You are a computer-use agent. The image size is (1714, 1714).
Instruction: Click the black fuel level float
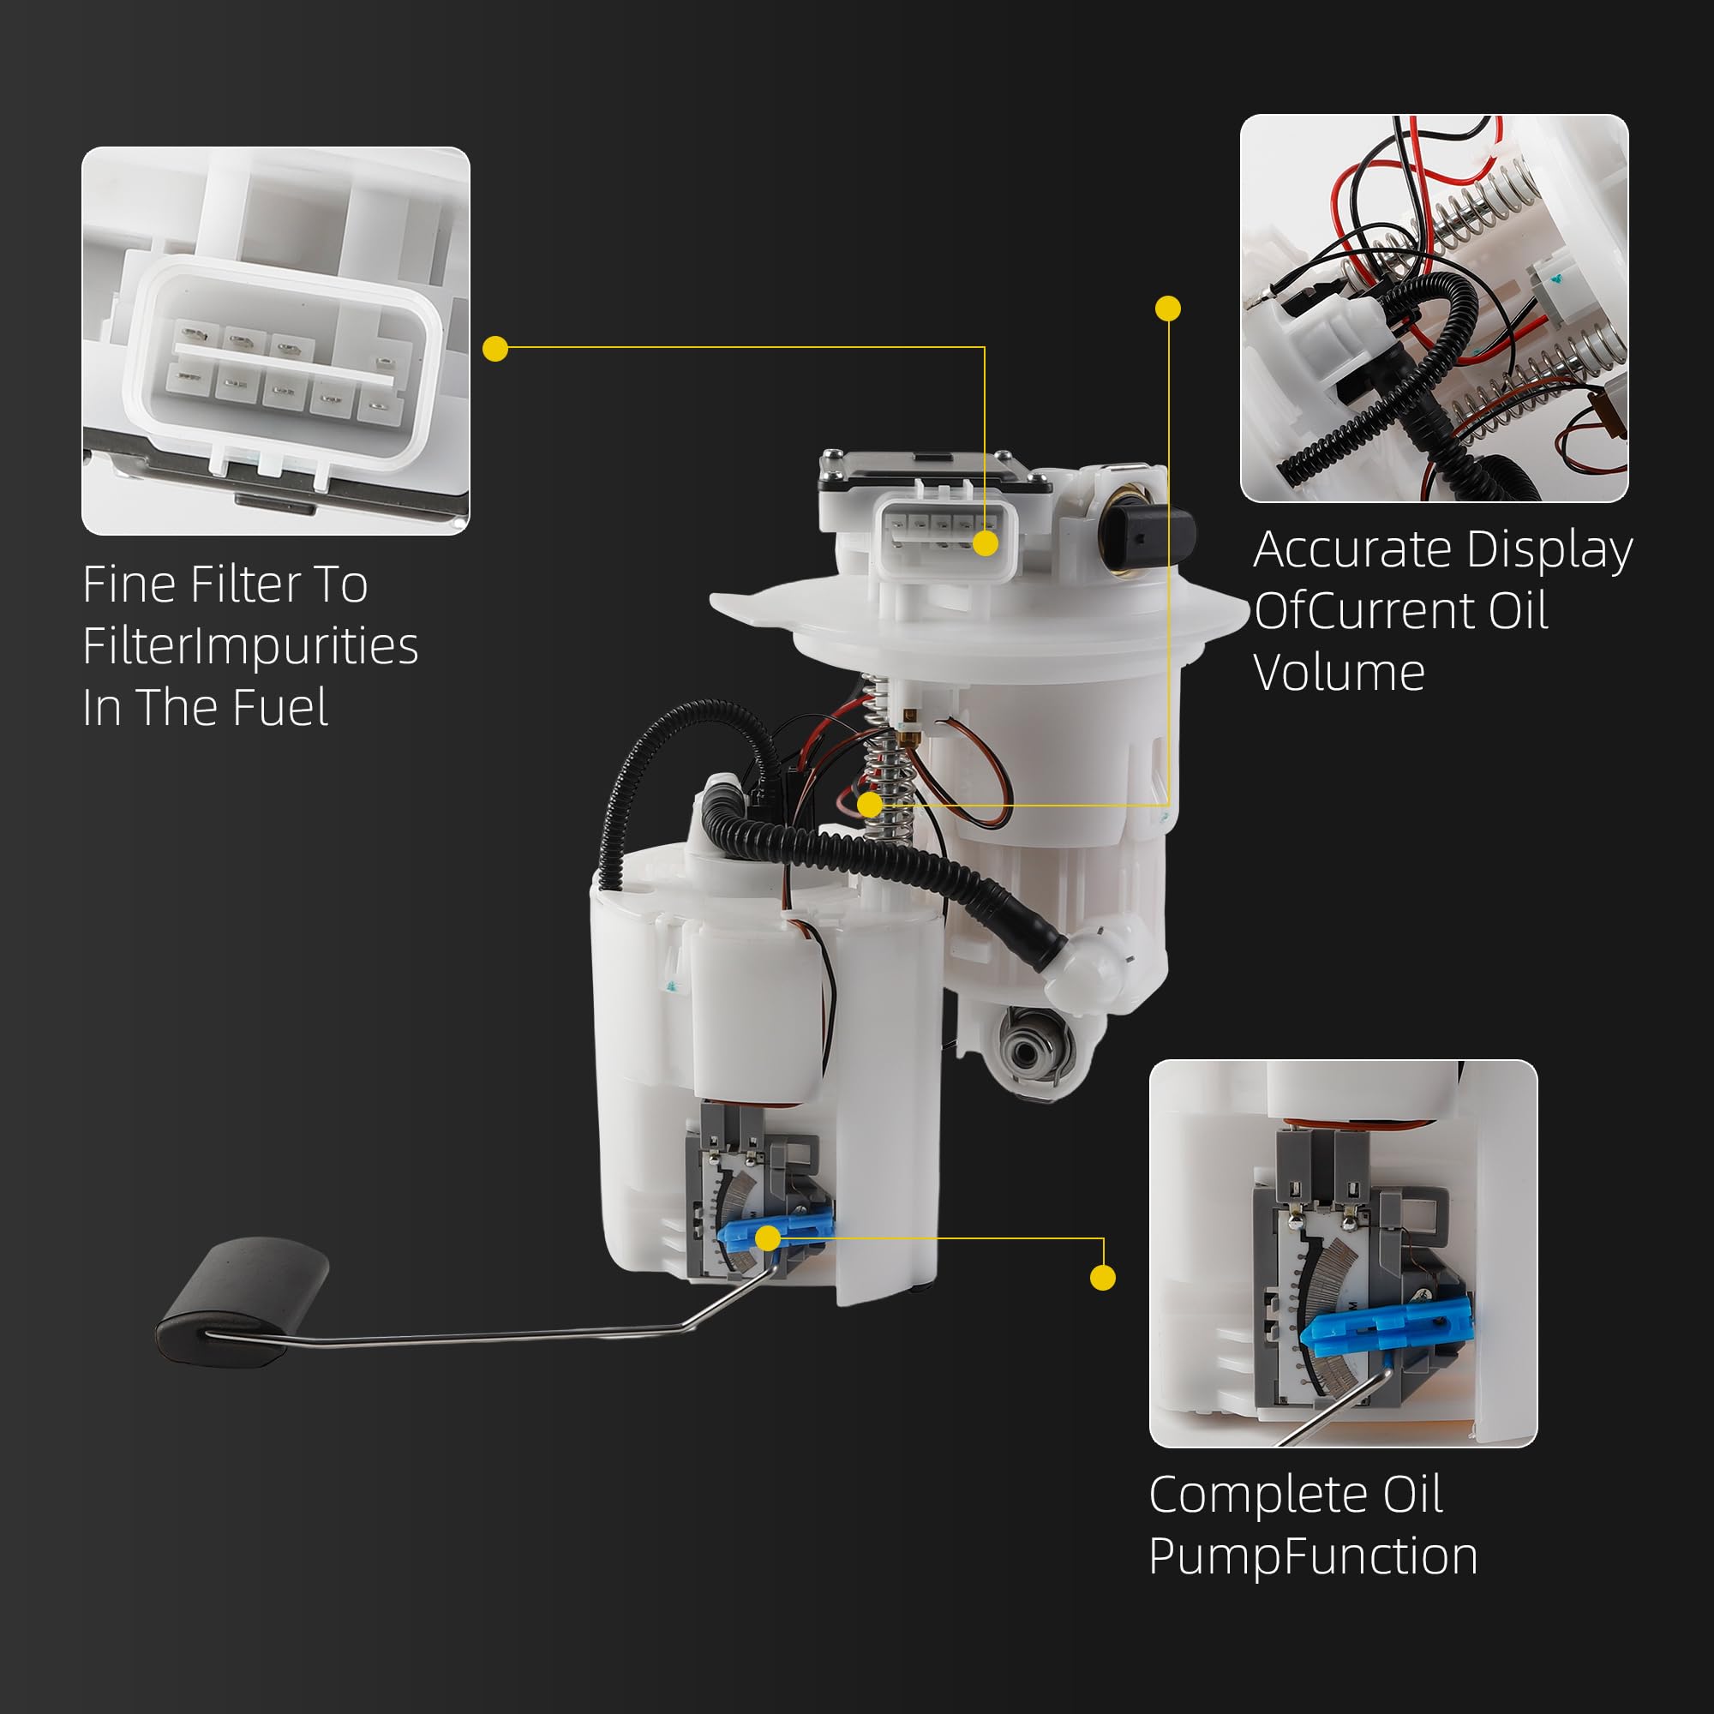coord(242,1303)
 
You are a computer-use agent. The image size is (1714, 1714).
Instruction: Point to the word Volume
coord(1339,673)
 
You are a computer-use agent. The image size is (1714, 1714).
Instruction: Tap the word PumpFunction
coord(1313,1558)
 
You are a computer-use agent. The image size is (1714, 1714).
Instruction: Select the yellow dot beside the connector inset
coord(495,348)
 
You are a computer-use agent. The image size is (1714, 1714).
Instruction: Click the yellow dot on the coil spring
coord(871,805)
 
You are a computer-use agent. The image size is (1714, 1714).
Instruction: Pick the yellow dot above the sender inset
coord(1103,1278)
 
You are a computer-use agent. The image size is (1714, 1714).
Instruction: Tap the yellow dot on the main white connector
coord(985,544)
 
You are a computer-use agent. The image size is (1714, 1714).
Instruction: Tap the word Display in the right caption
coord(1549,552)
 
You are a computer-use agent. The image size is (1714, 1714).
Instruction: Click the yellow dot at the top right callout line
coord(1168,309)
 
